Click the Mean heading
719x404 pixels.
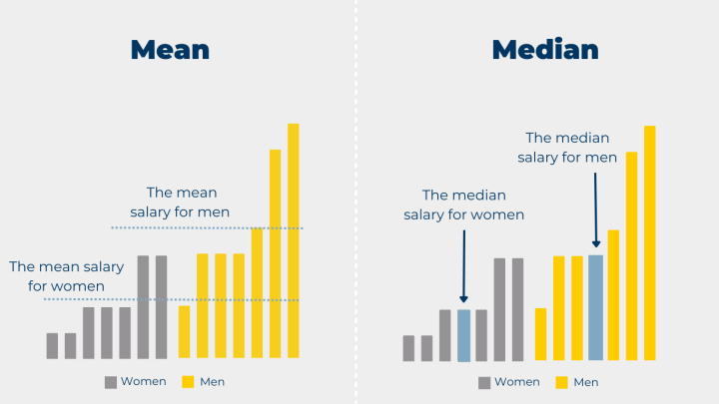[x=170, y=50]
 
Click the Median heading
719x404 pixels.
[x=544, y=50]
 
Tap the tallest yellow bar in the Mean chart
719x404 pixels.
[x=294, y=239]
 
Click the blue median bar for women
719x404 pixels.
[x=463, y=335]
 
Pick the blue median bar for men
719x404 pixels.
[x=596, y=307]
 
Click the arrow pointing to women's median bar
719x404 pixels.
[x=463, y=264]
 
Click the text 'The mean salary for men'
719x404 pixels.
[x=181, y=202]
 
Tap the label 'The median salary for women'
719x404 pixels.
[x=463, y=204]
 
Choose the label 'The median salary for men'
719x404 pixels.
[x=566, y=148]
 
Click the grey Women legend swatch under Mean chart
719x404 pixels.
[x=111, y=381]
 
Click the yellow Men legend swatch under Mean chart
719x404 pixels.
[x=189, y=381]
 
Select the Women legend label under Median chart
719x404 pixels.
[x=517, y=382]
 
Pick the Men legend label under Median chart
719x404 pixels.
[x=585, y=382]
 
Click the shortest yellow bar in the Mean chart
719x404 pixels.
[x=184, y=331]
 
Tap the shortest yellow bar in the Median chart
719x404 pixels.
[x=540, y=334]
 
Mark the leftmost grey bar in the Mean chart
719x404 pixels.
[x=52, y=345]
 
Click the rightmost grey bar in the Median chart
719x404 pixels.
[x=518, y=309]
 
